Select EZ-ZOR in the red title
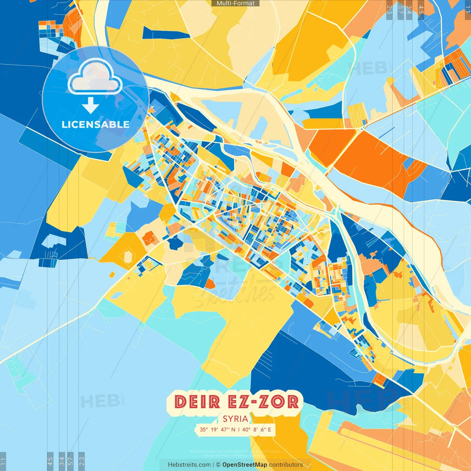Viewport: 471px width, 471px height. tap(263, 401)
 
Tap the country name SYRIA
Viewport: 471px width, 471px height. tap(235, 419)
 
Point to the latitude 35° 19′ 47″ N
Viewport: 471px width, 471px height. tap(217, 429)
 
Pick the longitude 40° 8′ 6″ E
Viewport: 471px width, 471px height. tap(256, 429)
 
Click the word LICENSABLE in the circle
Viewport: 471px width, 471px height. tap(95, 124)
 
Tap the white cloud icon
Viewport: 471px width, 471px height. tap(95, 77)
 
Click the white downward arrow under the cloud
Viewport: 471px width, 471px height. tap(90, 105)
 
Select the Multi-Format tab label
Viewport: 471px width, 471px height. tap(235, 3)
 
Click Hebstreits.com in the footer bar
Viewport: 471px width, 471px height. tap(189, 465)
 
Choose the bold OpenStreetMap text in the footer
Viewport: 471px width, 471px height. tap(245, 465)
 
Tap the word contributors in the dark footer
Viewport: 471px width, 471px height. tap(286, 465)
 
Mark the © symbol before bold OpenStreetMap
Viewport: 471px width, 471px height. tap(218, 465)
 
